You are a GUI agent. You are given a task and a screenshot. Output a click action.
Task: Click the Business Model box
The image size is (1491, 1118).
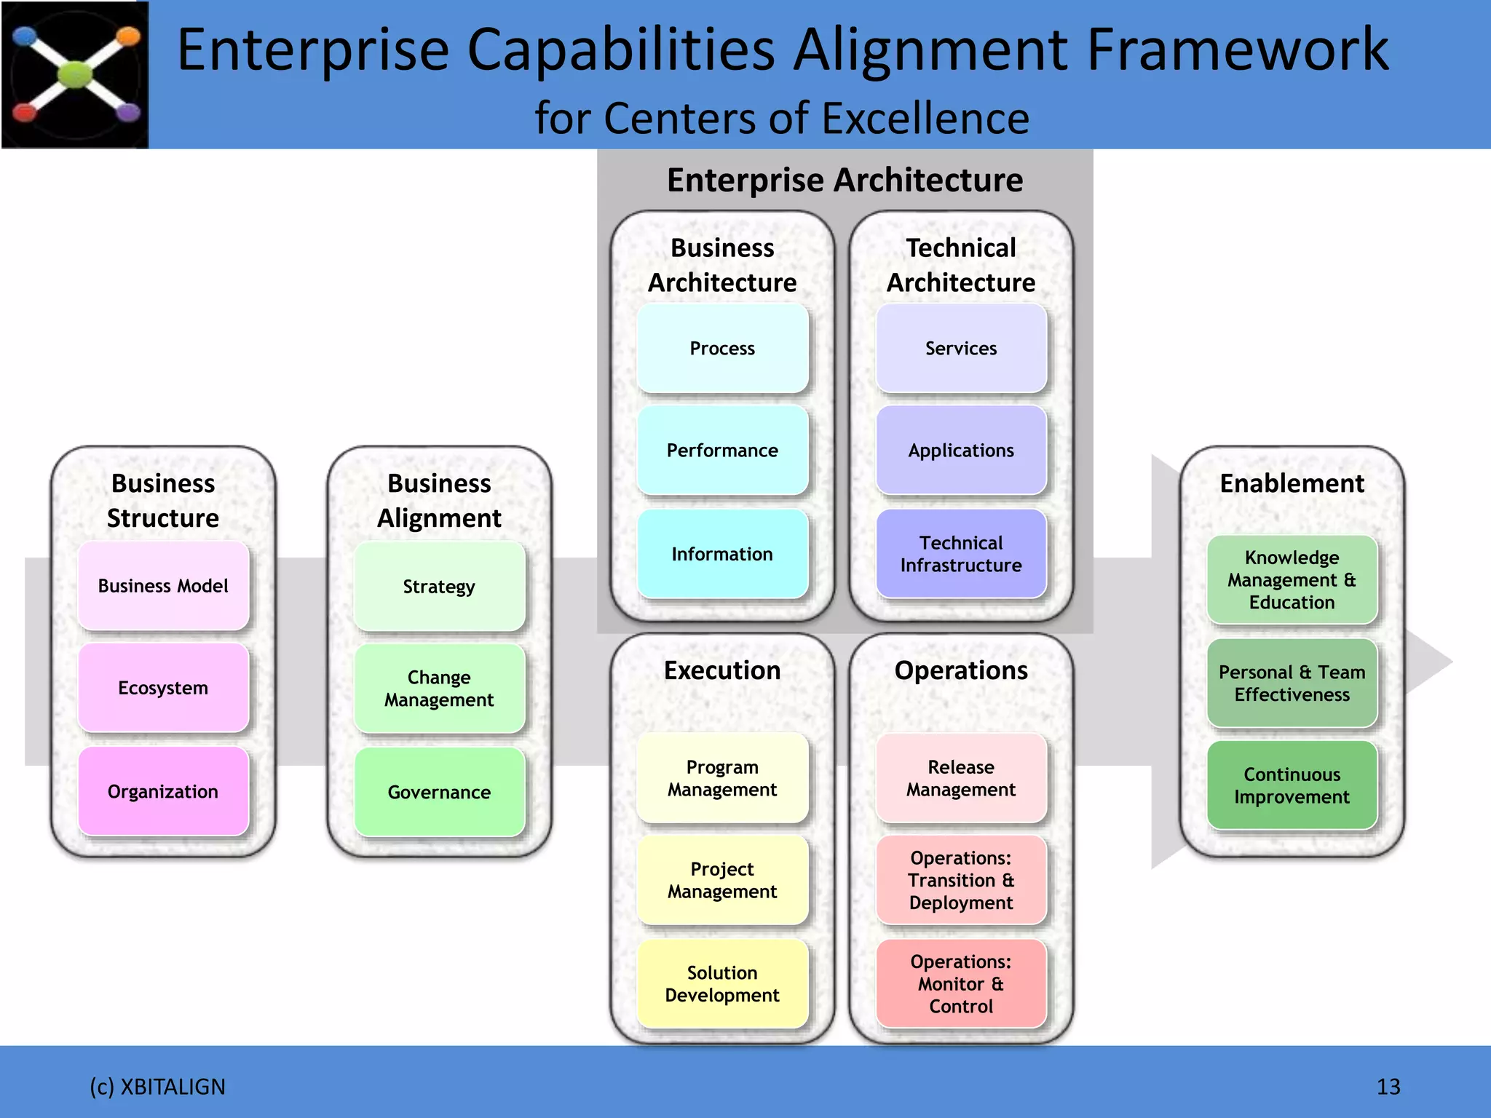[163, 586]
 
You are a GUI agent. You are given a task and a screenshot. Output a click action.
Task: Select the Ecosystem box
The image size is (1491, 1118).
[163, 688]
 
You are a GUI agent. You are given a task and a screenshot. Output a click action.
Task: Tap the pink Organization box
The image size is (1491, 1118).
[163, 791]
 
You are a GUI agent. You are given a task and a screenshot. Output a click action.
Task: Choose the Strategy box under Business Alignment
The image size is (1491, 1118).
[439, 587]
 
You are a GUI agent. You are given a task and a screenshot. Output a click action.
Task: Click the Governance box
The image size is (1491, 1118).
[439, 792]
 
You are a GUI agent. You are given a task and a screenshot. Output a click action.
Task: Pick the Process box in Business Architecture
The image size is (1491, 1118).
[722, 349]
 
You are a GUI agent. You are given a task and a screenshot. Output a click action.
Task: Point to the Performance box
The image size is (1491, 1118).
[722, 451]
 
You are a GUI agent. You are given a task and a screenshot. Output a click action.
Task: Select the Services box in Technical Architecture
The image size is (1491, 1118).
[961, 349]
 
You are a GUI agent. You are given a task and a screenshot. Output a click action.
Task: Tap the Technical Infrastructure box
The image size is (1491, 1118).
[961, 554]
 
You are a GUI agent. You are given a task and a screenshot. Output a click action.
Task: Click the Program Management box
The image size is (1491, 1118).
[722, 778]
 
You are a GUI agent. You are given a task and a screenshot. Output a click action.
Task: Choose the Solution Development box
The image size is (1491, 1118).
[722, 983]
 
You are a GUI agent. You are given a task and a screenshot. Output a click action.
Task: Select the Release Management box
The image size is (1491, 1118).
[961, 778]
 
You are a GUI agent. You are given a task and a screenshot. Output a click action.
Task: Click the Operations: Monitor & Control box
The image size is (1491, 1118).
[961, 983]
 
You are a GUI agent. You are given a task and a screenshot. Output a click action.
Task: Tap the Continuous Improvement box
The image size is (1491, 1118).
[1292, 785]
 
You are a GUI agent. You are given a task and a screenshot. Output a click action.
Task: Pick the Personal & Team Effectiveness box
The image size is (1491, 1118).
[1292, 683]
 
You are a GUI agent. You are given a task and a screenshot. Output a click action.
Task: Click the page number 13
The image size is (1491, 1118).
[1388, 1087]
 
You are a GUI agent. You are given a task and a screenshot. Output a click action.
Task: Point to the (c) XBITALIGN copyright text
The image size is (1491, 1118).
[157, 1087]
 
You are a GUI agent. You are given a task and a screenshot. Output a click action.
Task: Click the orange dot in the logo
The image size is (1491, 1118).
[128, 36]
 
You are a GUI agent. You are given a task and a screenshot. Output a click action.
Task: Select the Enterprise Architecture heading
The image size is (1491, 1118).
[845, 180]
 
